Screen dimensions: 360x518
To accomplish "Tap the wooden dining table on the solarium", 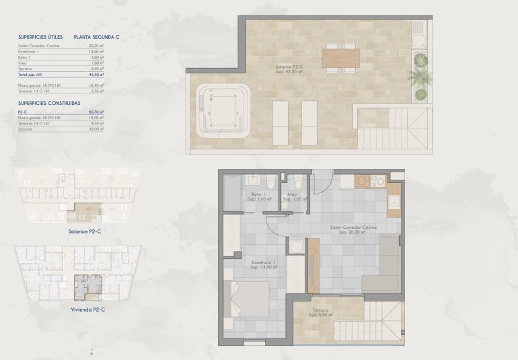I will click(340, 59).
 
